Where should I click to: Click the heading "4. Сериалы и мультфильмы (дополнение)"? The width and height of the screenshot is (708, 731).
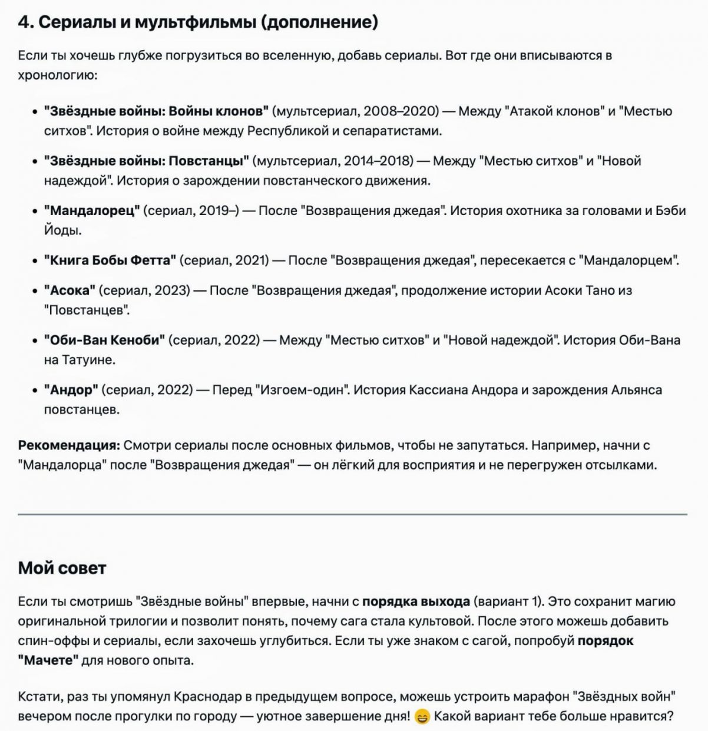198,22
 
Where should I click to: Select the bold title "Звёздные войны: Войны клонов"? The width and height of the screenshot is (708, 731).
156,111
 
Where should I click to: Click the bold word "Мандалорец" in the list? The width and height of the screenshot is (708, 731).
92,211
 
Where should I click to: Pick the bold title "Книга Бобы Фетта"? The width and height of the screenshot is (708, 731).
110,260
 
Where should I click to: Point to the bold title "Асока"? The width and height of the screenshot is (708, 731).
70,290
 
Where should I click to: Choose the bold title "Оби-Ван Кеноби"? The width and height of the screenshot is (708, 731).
105,340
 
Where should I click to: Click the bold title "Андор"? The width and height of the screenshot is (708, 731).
71,390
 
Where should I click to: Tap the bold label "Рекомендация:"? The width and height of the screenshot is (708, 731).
69,445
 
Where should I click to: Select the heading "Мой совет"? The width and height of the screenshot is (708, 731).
62,568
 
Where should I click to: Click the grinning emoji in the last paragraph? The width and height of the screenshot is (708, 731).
422,717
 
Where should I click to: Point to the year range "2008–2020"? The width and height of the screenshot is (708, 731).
401,111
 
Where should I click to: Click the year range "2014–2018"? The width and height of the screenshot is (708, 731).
378,161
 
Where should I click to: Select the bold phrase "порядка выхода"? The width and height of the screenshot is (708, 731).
416,602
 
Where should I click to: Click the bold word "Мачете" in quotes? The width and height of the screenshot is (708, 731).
51,660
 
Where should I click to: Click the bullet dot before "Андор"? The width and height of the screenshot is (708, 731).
35,391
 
